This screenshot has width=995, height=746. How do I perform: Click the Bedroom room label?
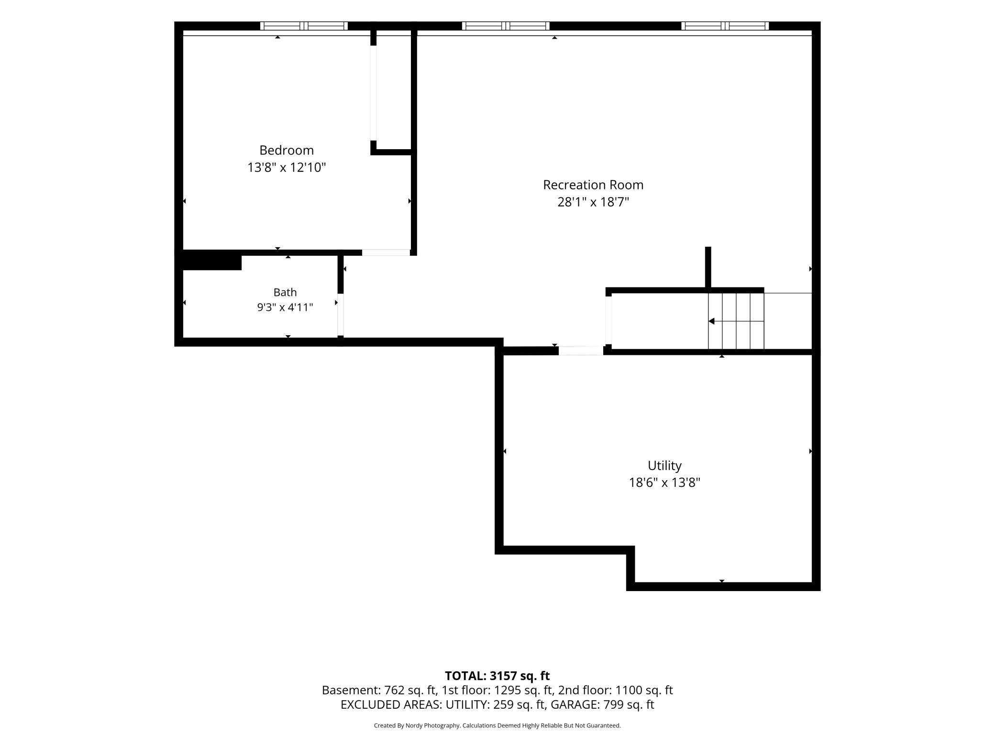[x=287, y=150]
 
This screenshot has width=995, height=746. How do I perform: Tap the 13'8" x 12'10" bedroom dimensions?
[x=287, y=167]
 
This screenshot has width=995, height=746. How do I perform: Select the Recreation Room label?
[x=593, y=185]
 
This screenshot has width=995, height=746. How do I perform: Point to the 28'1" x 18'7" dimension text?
[x=593, y=202]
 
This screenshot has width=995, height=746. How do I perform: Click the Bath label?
[x=285, y=292]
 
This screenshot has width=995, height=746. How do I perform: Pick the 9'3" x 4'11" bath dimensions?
[x=285, y=307]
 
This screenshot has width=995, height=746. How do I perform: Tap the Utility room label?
[x=664, y=465]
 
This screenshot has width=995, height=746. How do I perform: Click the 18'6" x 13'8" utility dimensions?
[x=664, y=483]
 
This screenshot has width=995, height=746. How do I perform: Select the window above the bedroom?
[x=304, y=26]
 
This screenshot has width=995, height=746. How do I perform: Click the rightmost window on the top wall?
[x=725, y=26]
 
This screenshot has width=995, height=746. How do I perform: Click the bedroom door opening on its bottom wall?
[x=386, y=252]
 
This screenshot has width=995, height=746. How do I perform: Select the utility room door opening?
[x=581, y=351]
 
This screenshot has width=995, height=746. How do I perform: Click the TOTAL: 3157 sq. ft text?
[x=497, y=676]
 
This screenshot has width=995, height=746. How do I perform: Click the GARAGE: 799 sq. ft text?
[x=603, y=704]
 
